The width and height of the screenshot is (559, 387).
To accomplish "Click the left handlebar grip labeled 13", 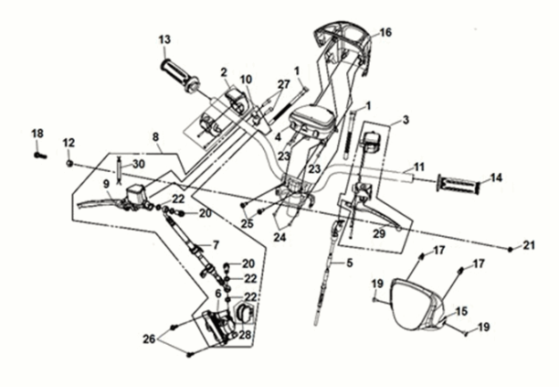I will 178,75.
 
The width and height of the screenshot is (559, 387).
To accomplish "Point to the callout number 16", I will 385,32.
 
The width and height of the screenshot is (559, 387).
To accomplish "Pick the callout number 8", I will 156,137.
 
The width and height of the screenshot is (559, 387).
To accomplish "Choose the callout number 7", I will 216,244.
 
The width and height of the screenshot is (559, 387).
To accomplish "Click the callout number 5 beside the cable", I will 348,263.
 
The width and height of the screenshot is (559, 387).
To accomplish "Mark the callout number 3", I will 405,120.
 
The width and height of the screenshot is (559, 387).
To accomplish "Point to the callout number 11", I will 419,167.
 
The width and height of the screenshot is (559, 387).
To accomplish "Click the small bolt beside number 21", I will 508,247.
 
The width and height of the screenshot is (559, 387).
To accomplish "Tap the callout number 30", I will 139,164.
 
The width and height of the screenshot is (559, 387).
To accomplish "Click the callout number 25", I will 246,222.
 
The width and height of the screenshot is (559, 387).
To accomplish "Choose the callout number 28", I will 245,334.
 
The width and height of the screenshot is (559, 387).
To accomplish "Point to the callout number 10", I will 245,79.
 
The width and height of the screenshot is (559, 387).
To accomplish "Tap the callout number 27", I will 283,83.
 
